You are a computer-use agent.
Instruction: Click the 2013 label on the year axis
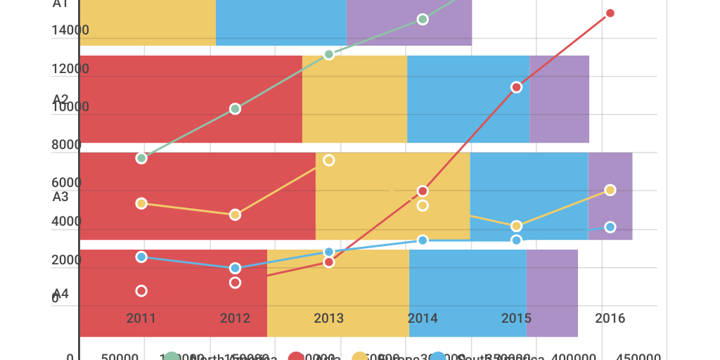coord(328,318)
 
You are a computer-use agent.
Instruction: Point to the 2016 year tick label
coord(610,318)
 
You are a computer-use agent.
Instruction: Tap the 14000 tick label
coord(70,30)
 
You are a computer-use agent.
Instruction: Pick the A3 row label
coord(60,196)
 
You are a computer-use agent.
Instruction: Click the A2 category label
coord(60,99)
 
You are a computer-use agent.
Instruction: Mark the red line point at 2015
coord(516,87)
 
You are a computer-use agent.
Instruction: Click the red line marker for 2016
coord(610,13)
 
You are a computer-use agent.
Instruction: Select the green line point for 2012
coord(235,109)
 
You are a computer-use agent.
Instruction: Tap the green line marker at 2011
coord(141,158)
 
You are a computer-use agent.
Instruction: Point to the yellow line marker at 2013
coord(328,160)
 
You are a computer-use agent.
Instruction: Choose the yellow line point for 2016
coord(610,190)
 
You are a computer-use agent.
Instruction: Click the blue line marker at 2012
coord(235,268)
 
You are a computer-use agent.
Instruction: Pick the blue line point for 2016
coord(610,227)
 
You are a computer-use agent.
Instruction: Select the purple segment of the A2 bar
coord(559,99)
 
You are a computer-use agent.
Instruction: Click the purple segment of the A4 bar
coord(552,293)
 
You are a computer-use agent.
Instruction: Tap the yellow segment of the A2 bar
coord(354,99)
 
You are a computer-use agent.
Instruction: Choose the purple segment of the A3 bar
coord(610,196)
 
